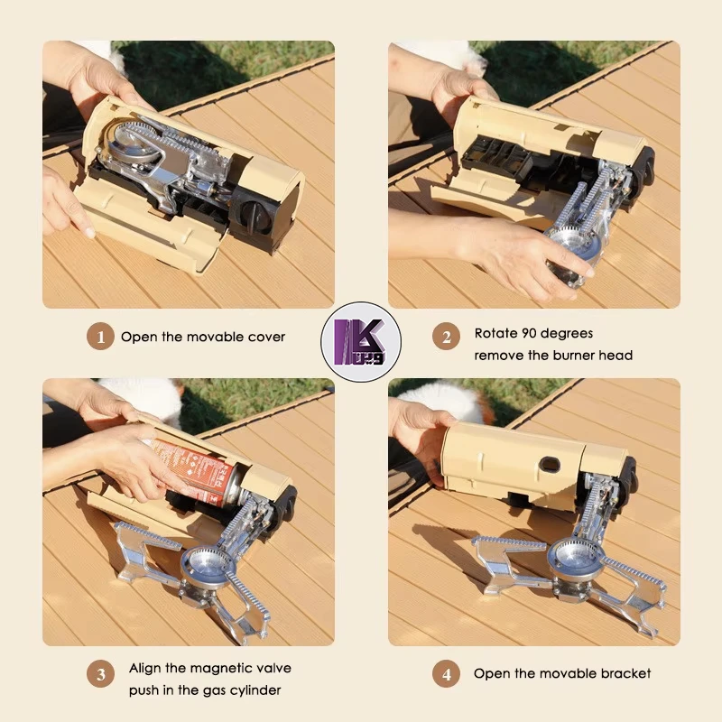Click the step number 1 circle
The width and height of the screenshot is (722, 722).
(100, 337)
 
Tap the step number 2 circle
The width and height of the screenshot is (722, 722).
(446, 337)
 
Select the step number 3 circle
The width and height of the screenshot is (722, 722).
(100, 674)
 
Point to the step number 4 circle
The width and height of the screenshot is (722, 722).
(446, 673)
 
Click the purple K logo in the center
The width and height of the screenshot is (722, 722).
(360, 342)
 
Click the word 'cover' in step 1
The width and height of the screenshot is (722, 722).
(266, 337)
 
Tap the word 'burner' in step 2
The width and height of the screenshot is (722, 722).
(573, 356)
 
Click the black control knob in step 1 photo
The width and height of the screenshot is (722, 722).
(252, 214)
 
